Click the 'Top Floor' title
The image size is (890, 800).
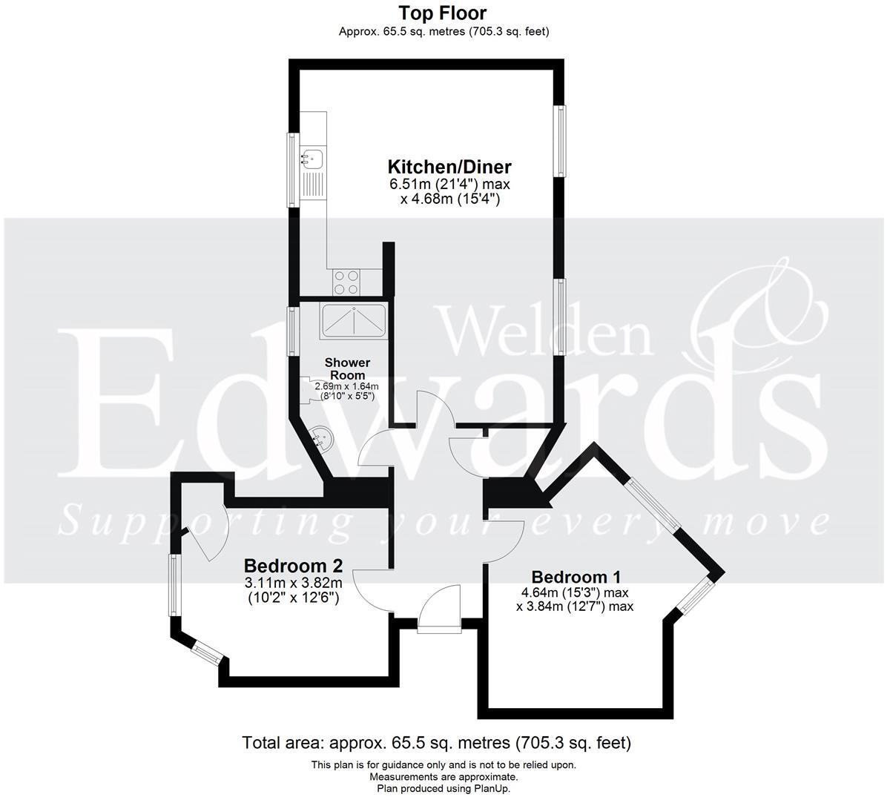(x=443, y=13)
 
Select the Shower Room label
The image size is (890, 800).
(x=347, y=368)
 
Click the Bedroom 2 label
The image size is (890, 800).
(x=293, y=566)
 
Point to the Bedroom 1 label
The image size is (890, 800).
(x=576, y=577)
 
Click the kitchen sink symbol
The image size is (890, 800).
(x=311, y=157)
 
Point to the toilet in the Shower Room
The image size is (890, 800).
(x=306, y=390)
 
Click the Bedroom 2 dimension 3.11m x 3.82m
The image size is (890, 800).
(x=293, y=583)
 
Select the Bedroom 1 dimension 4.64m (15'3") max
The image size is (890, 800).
(x=576, y=592)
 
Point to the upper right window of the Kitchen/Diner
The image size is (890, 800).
(x=562, y=141)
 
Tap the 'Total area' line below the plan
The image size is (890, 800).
(x=436, y=742)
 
